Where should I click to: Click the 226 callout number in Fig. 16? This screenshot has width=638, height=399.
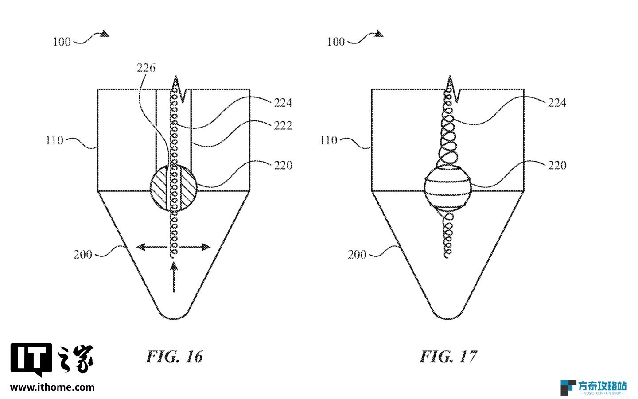coord(146,68)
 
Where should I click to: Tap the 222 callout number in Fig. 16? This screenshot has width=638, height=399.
coord(283,125)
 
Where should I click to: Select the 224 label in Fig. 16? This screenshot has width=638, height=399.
coord(283,102)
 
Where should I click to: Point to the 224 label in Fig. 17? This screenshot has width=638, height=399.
coord(557,102)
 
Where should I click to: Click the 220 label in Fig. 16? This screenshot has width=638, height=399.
coord(283,165)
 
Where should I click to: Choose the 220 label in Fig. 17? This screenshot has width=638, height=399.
coord(557,165)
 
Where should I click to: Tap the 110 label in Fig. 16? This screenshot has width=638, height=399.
coord(54,140)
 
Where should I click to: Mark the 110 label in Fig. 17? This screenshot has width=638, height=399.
coord(328,140)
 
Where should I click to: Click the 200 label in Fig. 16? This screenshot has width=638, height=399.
coord(83,254)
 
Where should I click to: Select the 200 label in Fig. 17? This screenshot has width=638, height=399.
coord(357,254)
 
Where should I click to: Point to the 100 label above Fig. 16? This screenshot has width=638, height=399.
coord(62,42)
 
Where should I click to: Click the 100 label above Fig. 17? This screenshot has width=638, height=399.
coord(336,42)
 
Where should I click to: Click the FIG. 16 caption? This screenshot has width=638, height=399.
coord(174,356)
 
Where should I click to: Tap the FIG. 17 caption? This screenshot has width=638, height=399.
coord(448,356)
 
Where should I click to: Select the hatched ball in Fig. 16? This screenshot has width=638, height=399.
coord(174,188)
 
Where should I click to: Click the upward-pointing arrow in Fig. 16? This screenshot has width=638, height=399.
coord(174,277)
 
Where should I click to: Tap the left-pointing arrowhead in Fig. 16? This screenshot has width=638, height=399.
coord(140,247)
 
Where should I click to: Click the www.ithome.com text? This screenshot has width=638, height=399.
coord(52,387)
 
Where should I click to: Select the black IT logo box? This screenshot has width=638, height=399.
coord(31,360)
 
